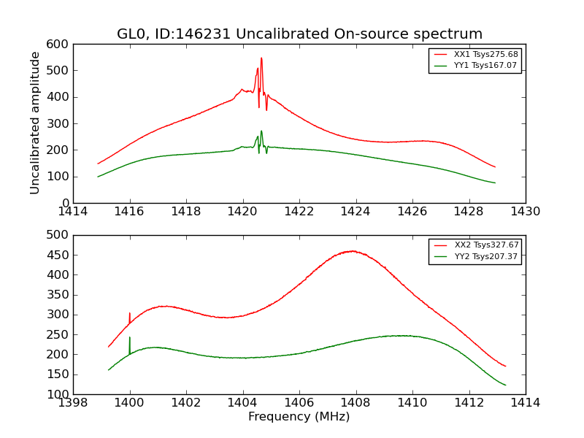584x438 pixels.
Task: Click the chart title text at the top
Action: coord(299,34)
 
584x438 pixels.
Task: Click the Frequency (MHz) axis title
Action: coord(299,417)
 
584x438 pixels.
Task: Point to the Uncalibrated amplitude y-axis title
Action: coord(35,123)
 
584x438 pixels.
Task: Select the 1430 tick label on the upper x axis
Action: coord(525,212)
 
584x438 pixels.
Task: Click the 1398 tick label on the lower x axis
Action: coord(74,403)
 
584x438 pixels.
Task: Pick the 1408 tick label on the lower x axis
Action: coord(356,403)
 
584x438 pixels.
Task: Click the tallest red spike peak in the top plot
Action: coord(261,58)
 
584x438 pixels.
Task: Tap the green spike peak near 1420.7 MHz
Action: coord(261,131)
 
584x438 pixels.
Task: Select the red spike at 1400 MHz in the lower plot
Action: coord(130,313)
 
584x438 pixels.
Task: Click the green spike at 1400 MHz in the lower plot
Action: coord(130,337)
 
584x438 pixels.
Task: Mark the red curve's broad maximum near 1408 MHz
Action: coord(353,251)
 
